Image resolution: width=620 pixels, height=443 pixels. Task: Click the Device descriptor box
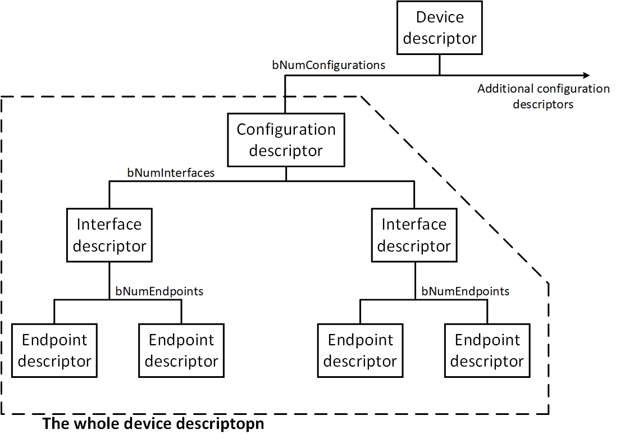(440, 28)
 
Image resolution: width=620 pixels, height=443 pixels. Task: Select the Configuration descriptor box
(286, 140)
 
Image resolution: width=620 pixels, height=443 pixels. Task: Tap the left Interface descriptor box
(110, 235)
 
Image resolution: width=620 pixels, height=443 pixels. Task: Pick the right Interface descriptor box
(414, 235)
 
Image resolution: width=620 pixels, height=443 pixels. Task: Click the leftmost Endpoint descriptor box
(54, 350)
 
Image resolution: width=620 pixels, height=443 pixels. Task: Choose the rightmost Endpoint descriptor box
(487, 350)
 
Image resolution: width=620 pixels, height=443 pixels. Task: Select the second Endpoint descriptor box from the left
(181, 350)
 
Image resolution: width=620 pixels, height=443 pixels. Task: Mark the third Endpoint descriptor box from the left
(360, 350)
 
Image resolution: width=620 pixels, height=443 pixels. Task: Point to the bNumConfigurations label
(329, 65)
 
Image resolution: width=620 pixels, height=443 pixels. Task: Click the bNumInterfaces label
(171, 173)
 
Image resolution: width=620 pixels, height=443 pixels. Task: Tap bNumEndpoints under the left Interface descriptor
(159, 291)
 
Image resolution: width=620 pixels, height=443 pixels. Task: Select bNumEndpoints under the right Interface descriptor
(465, 291)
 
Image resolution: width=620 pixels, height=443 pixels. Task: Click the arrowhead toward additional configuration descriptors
(586, 75)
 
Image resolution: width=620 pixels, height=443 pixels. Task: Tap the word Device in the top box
(440, 17)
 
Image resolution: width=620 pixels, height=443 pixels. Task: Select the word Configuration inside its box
(286, 130)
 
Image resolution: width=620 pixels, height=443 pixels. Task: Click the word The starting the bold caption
(55, 424)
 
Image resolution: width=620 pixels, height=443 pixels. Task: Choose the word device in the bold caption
(143, 424)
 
